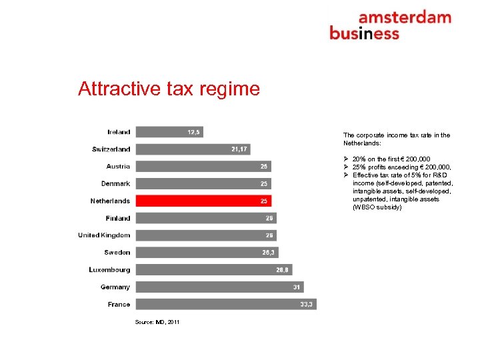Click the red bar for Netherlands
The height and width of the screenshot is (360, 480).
pos(203,201)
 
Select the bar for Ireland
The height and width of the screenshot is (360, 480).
pos(169,132)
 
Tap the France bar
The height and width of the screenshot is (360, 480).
pos(226,304)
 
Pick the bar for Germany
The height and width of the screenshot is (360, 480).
pos(219,287)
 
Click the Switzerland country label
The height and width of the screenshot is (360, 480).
pos(111,149)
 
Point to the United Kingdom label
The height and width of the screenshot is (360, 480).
pos(104,235)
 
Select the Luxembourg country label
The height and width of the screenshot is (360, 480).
pos(109,270)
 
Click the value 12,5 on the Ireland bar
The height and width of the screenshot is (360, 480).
pos(193,132)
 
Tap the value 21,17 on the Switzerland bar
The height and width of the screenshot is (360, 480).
pos(239,149)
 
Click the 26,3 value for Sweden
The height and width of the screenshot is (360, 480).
pos(268,253)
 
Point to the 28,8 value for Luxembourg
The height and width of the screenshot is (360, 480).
pos(283,270)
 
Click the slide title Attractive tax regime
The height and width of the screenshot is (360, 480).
pos(169,89)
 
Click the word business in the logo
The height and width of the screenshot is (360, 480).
pos(364,33)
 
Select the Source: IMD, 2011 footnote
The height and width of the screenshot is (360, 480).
pos(157,322)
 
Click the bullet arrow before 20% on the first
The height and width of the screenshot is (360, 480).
pos(347,159)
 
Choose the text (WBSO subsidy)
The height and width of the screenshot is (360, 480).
pos(377,207)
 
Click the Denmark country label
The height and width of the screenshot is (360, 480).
pos(116,183)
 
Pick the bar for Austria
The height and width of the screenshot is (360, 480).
pos(203,166)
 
